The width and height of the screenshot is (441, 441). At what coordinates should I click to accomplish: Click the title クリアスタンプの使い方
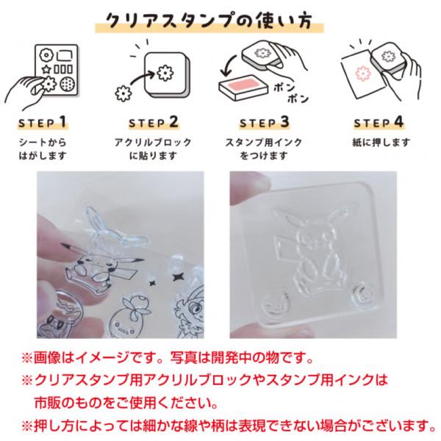(209, 21)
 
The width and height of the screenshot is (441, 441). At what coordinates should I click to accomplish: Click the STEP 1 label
(43, 122)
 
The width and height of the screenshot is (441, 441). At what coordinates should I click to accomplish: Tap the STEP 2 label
(154, 122)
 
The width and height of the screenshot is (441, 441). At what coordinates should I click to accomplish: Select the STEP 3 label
(265, 122)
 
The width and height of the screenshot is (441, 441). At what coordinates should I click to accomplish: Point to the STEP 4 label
(379, 122)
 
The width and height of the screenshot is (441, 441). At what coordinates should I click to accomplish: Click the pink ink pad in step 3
(242, 85)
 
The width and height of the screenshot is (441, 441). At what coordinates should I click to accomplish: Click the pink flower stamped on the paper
(362, 73)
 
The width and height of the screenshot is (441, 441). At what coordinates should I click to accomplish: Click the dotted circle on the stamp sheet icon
(68, 84)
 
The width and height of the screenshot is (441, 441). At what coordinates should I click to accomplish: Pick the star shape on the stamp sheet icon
(46, 69)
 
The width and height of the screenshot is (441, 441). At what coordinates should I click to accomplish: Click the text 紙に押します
(381, 143)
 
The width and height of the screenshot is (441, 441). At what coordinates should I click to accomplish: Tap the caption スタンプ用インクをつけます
(264, 149)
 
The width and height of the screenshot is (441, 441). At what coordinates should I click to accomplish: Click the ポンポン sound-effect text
(290, 93)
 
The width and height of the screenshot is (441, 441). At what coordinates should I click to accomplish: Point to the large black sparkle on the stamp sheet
(177, 277)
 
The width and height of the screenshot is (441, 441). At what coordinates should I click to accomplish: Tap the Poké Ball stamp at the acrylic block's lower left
(276, 304)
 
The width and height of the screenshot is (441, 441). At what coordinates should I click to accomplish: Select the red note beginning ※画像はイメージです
(168, 358)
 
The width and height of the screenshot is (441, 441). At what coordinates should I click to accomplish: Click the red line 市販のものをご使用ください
(126, 404)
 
